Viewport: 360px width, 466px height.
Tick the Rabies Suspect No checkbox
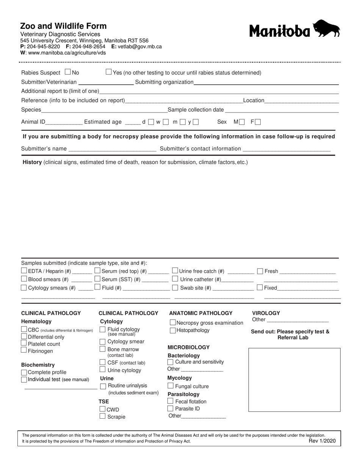(68, 72)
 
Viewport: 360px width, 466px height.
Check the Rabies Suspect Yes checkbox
(109, 72)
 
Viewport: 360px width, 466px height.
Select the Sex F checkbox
(258, 122)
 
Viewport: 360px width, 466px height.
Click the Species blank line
(103, 110)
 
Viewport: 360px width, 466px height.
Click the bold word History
(32, 162)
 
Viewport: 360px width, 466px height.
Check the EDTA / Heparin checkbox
(24, 271)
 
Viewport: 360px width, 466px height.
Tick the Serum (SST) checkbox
(98, 279)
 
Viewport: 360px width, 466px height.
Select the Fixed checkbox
(260, 288)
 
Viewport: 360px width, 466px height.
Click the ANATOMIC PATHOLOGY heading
(200, 313)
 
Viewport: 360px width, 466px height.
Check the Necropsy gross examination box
(173, 323)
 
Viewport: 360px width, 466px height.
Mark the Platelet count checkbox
(24, 343)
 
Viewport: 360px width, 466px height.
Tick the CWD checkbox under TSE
(102, 409)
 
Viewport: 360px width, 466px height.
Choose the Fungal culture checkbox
(171, 386)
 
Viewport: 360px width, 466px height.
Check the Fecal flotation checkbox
(171, 401)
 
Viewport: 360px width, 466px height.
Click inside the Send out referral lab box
(294, 380)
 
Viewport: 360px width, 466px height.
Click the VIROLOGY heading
(266, 313)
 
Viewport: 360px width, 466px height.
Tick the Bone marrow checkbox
(102, 349)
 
